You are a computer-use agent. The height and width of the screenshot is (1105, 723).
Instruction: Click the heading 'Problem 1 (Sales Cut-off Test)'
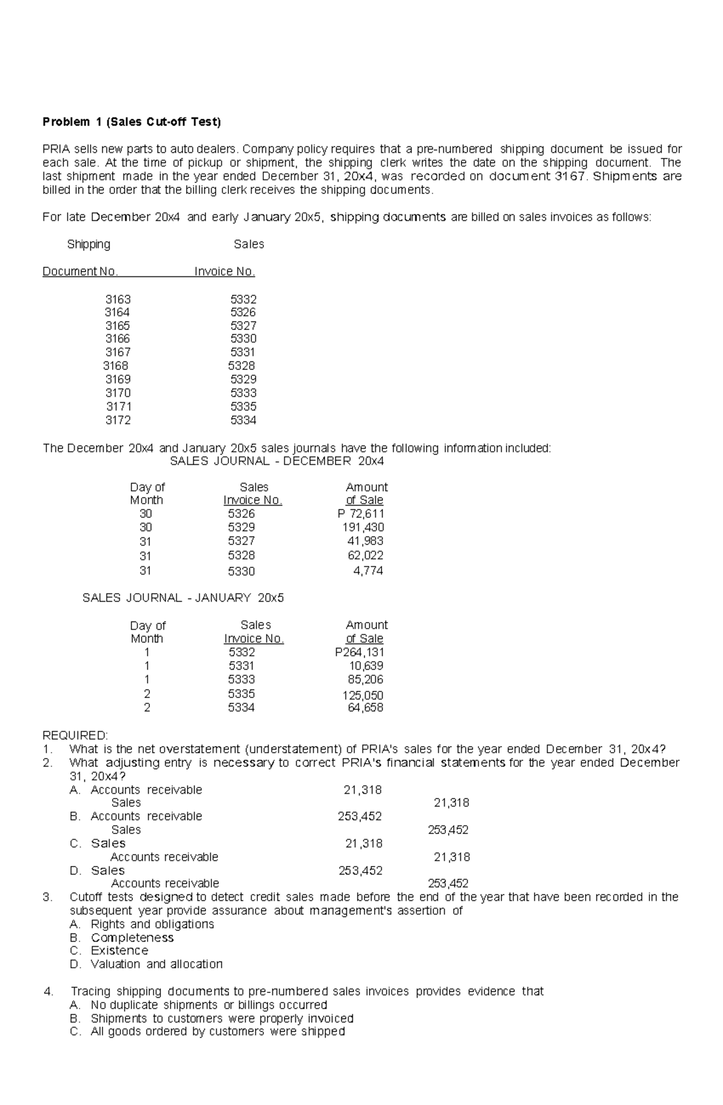[131, 122]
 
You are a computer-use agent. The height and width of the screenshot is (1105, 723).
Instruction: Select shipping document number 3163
[117, 299]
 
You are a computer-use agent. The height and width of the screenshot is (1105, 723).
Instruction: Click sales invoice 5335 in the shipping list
[243, 406]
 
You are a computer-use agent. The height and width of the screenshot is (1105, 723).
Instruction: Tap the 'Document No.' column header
[80, 272]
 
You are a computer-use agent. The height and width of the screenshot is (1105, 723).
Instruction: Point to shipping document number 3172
[117, 420]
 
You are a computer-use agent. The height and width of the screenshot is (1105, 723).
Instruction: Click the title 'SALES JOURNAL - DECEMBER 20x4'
[277, 461]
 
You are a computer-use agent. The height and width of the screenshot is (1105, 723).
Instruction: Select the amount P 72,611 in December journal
[361, 514]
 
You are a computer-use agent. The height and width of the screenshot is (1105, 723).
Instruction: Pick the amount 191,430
[363, 528]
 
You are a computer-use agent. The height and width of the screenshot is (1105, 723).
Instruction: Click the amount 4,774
[368, 571]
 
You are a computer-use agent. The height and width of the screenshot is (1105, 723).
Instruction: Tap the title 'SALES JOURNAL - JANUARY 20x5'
[183, 598]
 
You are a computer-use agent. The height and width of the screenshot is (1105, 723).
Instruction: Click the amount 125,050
[363, 696]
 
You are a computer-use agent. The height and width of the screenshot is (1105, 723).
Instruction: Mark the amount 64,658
[366, 708]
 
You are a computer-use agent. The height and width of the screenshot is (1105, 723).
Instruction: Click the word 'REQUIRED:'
[75, 736]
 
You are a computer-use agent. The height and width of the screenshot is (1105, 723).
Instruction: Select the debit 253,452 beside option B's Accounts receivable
[360, 817]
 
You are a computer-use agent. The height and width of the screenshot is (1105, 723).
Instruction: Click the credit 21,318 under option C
[451, 857]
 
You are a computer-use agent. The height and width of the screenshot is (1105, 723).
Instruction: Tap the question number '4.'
[49, 991]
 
